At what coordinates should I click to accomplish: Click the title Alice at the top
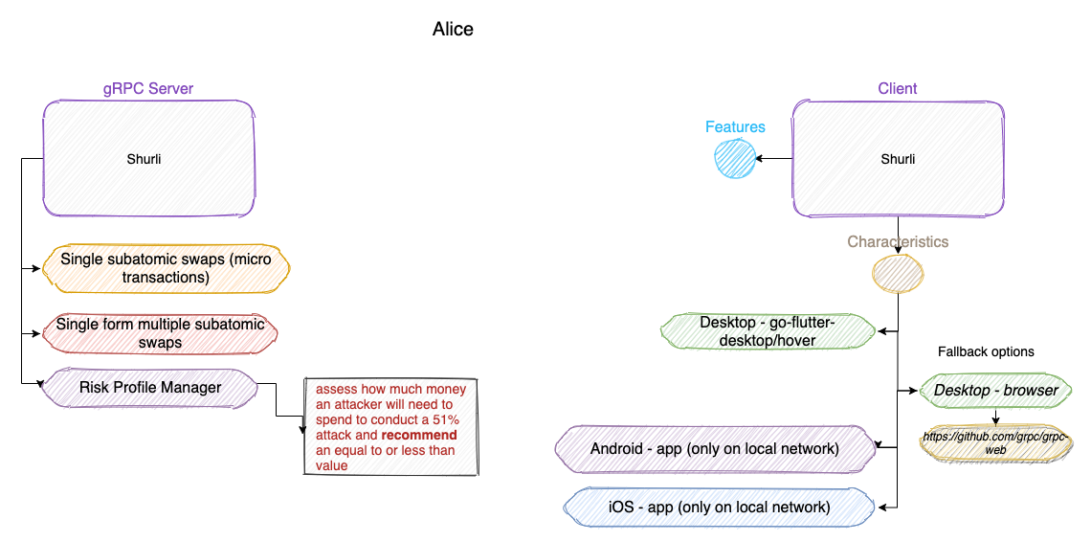pos(453,30)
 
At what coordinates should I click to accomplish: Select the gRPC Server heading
pos(148,89)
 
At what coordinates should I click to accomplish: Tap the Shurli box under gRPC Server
pos(148,159)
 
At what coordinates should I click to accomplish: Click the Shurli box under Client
pos(898,159)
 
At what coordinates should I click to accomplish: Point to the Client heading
pos(898,89)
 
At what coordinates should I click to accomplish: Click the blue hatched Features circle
pos(735,159)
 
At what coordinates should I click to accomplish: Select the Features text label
pos(735,126)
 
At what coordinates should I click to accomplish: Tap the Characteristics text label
pos(898,242)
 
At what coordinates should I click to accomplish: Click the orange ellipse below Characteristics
pos(898,274)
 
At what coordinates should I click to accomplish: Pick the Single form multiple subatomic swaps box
pos(161,333)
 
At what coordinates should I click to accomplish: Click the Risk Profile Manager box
pos(149,388)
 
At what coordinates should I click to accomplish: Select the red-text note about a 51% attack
pos(390,426)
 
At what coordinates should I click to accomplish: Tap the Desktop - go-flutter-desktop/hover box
pos(768,331)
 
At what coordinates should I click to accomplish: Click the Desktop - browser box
pos(996,391)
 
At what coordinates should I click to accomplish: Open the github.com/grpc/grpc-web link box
pos(996,442)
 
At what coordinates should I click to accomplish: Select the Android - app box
pos(715,448)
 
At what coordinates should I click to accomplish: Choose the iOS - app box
pos(719,508)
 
